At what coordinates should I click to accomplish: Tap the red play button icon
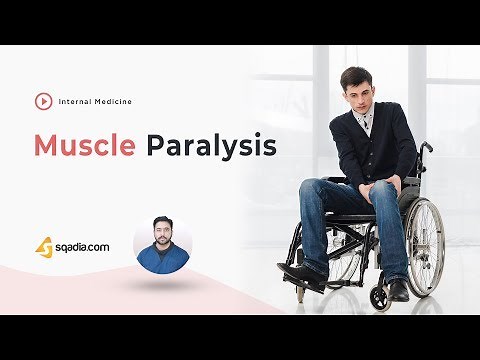pos(43,101)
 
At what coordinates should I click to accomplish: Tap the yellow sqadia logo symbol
pos(44,245)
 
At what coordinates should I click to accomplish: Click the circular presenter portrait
pos(162,241)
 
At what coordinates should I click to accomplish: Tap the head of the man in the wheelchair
pos(356,88)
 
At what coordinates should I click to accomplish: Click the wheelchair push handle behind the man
pos(425,147)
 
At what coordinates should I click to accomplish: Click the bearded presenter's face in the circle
pos(162,233)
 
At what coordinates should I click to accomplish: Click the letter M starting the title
pos(47,145)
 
